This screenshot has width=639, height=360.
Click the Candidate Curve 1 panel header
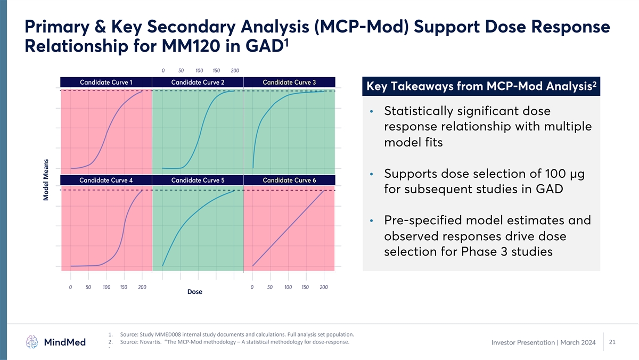[x=106, y=82]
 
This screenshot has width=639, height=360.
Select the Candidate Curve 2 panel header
[x=198, y=82]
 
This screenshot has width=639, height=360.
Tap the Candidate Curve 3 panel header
[x=289, y=82]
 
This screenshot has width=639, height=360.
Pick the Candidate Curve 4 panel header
[x=106, y=180]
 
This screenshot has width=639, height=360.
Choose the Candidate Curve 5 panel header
[x=198, y=180]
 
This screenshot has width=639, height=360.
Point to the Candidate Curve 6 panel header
[x=289, y=180]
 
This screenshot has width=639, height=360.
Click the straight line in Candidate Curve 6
[x=288, y=228]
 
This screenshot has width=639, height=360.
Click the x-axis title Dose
[x=194, y=292]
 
